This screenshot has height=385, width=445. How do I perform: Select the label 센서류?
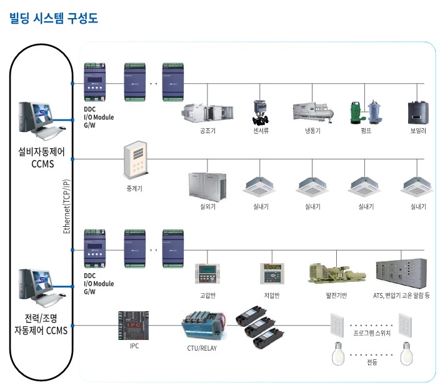pyautogui.click(x=259, y=131)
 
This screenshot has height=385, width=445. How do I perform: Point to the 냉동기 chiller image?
pyautogui.click(x=311, y=113)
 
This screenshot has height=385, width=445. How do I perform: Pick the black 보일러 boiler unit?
pyautogui.click(x=417, y=111)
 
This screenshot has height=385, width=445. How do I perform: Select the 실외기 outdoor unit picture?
pyautogui.click(x=207, y=184)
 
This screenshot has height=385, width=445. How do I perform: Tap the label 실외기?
pyautogui.click(x=207, y=206)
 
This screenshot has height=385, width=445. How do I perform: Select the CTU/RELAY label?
pyautogui.click(x=202, y=348)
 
